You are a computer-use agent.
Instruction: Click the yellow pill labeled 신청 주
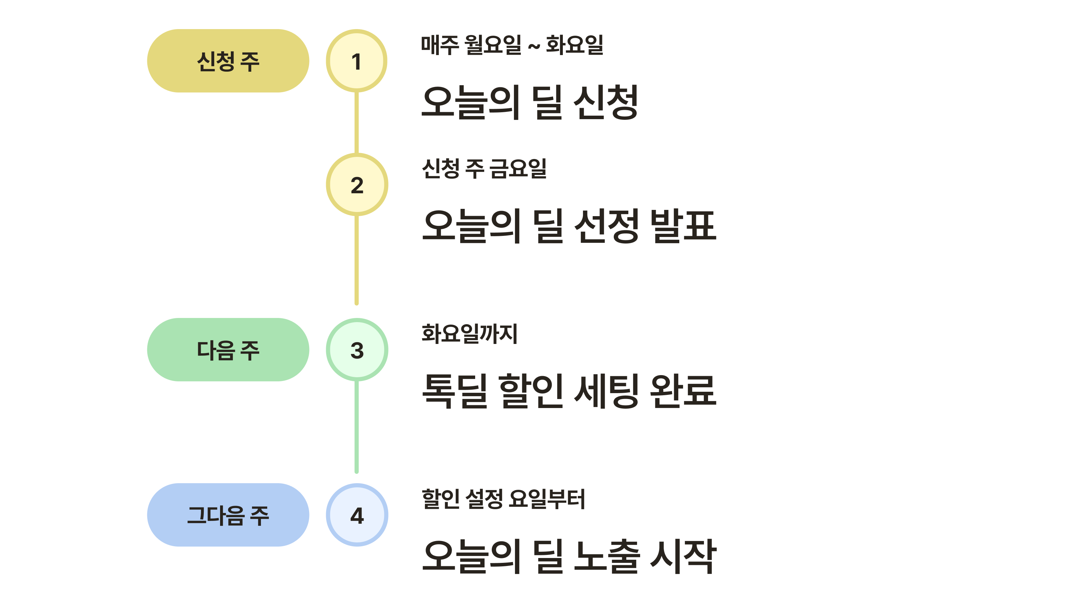tap(228, 61)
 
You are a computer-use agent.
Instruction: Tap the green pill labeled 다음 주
tap(228, 349)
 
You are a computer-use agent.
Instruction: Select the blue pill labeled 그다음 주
tap(228, 515)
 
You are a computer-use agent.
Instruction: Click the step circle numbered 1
tap(356, 61)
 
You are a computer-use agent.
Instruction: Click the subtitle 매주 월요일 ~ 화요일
tap(512, 45)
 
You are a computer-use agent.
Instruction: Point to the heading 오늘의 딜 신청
tap(530, 102)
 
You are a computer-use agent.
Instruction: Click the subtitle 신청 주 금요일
tap(484, 168)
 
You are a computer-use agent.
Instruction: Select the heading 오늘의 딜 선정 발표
tap(569, 226)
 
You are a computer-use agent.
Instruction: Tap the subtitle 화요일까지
tap(469, 334)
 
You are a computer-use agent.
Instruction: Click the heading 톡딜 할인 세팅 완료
tap(569, 391)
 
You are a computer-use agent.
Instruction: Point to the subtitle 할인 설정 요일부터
tap(503, 499)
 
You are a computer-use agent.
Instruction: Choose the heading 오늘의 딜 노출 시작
tap(569, 556)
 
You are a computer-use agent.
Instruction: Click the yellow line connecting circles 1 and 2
tap(356, 123)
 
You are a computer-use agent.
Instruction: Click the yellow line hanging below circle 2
tap(356, 260)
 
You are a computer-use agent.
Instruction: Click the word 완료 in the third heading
tap(683, 391)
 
